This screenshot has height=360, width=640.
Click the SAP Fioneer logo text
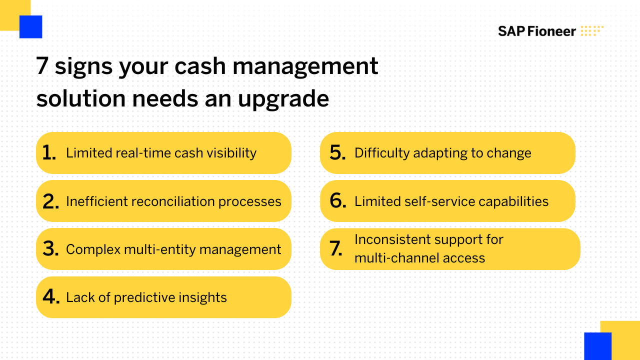[536, 31]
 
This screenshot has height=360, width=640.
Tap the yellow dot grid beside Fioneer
[592, 31]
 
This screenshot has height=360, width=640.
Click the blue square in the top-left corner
[30, 27]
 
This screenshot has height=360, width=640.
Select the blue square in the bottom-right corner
[597, 345]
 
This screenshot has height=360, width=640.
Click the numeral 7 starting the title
[42, 66]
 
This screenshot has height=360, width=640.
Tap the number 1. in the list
[49, 153]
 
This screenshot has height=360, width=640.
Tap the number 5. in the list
[338, 153]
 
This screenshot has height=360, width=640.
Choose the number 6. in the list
[338, 201]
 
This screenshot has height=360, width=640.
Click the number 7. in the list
[336, 249]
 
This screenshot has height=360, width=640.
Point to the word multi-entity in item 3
[144, 249]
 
